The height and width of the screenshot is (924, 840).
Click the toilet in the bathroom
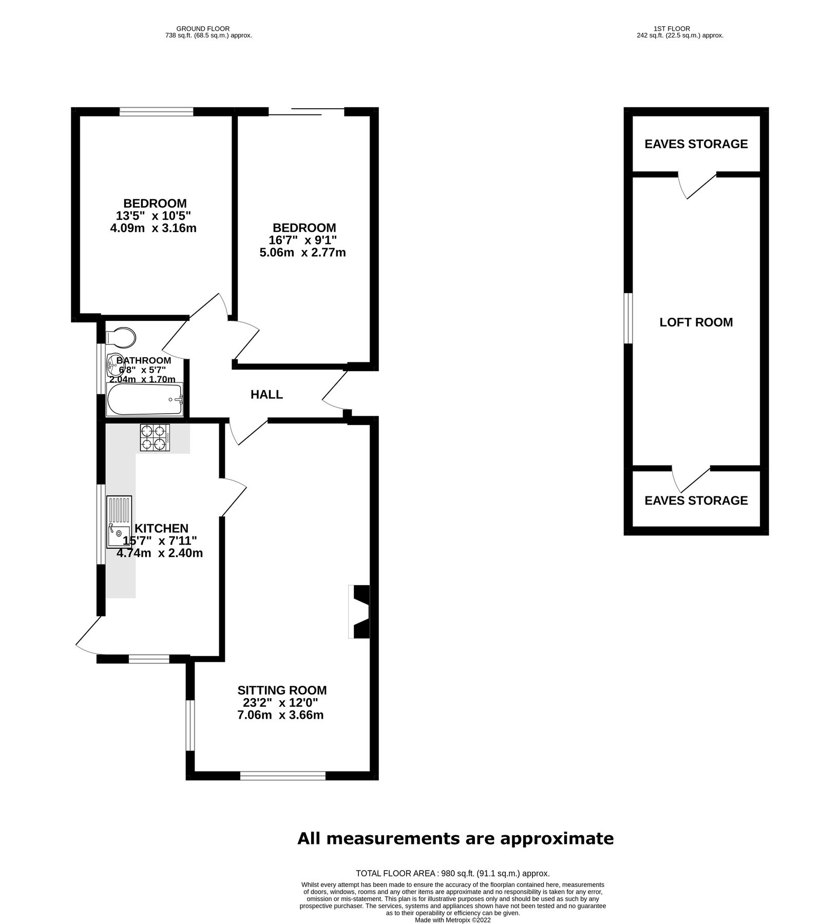[x=122, y=338]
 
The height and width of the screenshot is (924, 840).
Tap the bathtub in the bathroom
[x=145, y=399]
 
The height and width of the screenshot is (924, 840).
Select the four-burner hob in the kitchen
[x=155, y=437]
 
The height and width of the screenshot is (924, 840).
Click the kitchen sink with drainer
[x=119, y=522]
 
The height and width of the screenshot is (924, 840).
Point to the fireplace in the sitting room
[x=360, y=611]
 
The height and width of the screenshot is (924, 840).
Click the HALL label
[x=266, y=394]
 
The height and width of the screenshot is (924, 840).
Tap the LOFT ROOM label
[x=696, y=322]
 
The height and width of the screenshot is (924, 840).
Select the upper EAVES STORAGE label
[x=696, y=144]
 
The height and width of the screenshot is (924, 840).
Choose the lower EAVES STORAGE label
[x=696, y=500]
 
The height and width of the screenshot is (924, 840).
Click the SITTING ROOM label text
[x=282, y=690]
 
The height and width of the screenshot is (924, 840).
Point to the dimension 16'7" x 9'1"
[x=302, y=240]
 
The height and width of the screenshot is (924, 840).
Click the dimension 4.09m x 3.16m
[x=153, y=228]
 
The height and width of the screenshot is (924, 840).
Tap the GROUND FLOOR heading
[x=203, y=29]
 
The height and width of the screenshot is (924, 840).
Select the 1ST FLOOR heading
[x=672, y=29]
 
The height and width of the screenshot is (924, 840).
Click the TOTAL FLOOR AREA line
[x=452, y=873]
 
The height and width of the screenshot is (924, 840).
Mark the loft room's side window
[x=628, y=318]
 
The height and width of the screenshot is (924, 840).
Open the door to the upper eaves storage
[x=698, y=186]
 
